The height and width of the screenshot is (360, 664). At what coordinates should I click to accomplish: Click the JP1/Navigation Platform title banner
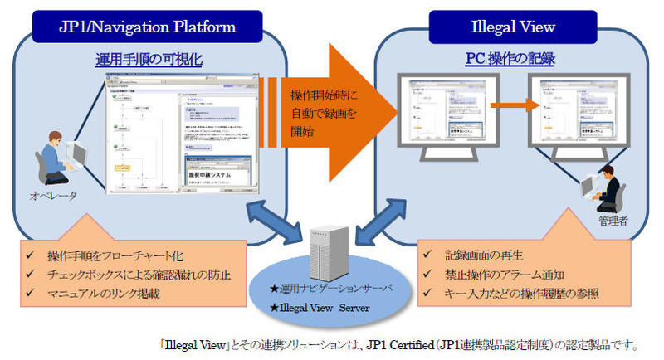coord(147,26)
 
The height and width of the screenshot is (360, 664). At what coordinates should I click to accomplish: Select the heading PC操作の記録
coord(509,59)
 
